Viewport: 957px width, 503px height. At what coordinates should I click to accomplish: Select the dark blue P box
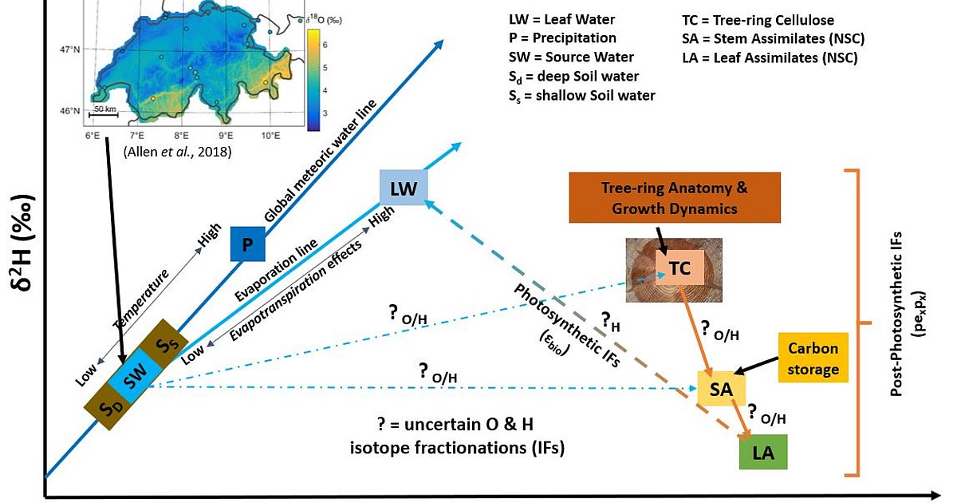point(247,244)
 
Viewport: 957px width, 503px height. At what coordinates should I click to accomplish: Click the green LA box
point(763,453)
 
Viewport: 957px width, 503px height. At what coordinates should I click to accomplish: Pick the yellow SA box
point(721,390)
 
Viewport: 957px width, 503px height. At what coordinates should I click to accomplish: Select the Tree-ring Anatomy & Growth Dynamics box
point(674,197)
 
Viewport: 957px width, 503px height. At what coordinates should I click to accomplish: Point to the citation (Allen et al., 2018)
point(177,151)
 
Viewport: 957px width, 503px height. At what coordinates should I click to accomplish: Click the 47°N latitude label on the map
point(70,50)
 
